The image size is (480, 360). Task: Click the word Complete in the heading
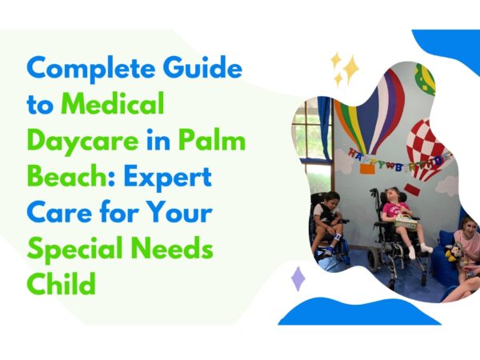click(91, 70)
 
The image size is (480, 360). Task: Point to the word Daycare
click(83, 142)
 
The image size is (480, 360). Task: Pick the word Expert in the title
click(167, 178)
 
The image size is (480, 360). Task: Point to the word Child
click(62, 283)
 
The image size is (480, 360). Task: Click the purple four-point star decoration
click(298, 278)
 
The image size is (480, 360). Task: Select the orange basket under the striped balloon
click(367, 169)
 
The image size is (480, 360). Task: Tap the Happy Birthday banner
click(399, 159)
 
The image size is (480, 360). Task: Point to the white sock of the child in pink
click(411, 252)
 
